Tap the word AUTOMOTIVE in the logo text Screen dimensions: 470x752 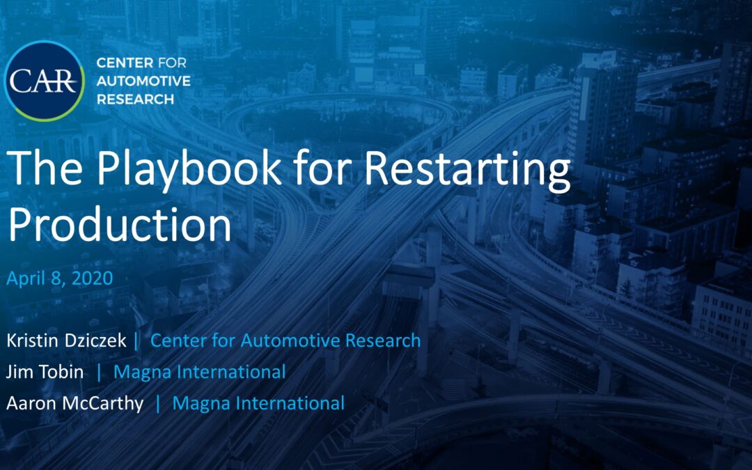click(143, 81)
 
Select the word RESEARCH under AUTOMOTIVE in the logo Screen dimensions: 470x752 click(136, 99)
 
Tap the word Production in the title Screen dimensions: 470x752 click(119, 224)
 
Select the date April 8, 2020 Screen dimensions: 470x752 click(59, 279)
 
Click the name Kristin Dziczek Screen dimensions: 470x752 click(66, 340)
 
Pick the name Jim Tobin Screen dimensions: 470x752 click(45, 372)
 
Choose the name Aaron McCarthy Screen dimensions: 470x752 click(76, 402)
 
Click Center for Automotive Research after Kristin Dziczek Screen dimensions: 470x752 click(285, 340)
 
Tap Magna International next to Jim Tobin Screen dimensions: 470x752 click(199, 372)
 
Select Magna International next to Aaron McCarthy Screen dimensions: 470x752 click(258, 402)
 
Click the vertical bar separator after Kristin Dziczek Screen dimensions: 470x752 click(136, 340)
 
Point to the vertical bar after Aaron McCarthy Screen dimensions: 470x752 click(159, 402)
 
